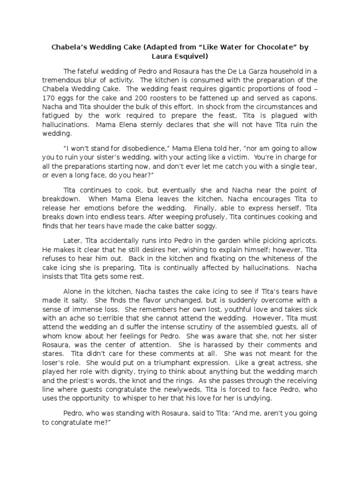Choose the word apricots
click(x=300, y=240)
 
